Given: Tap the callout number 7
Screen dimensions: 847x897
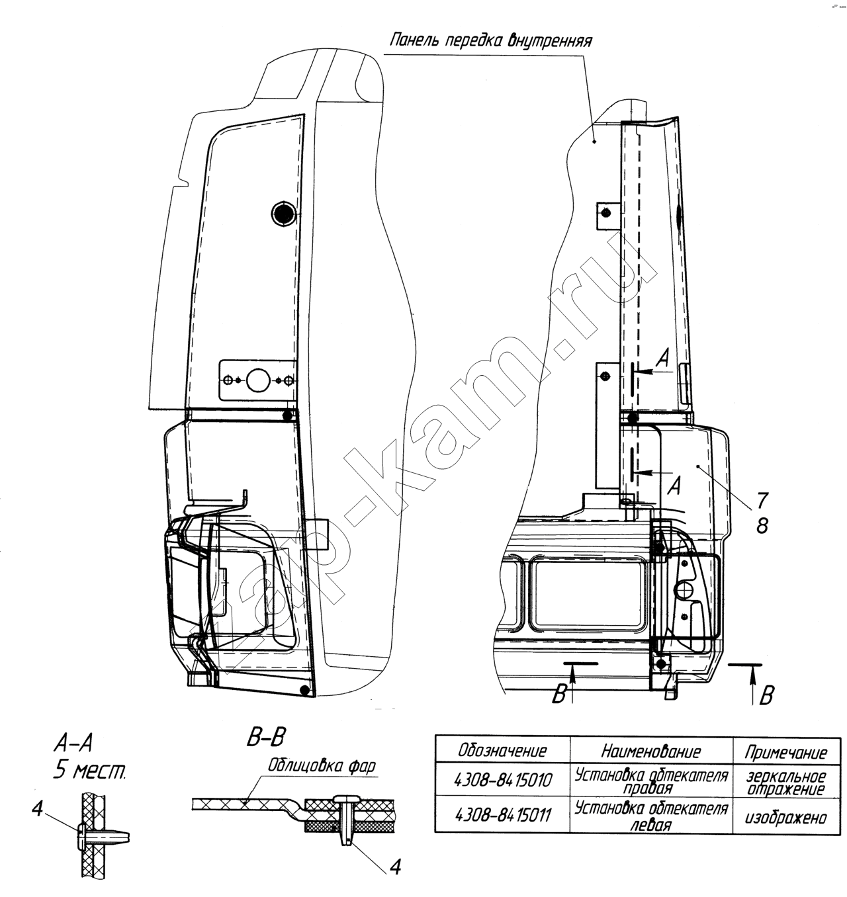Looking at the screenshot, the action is [762, 500].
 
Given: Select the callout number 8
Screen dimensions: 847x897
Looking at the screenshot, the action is [762, 526].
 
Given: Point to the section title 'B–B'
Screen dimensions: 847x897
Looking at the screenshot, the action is [266, 738].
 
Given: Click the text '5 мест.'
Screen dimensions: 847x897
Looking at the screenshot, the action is [89, 771].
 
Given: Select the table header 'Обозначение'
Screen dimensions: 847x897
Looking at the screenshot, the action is [502, 751].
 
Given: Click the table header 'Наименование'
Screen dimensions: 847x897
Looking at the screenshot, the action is [651, 751].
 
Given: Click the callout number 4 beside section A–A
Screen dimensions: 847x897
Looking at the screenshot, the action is [38, 808].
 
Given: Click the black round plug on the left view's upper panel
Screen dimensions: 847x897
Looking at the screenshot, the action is [283, 212].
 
